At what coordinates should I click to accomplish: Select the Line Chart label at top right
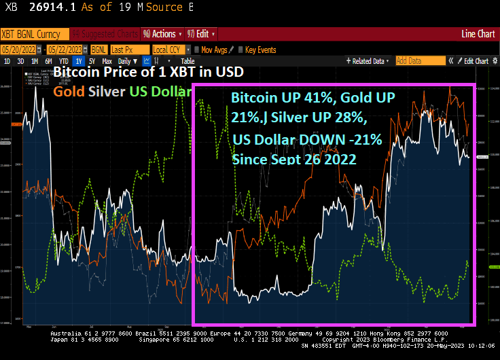(x=478, y=33)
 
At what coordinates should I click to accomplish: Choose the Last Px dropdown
(x=129, y=50)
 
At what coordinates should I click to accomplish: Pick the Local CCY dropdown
(x=171, y=50)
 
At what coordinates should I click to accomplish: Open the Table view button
(x=187, y=61)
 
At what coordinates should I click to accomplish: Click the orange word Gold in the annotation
(x=66, y=90)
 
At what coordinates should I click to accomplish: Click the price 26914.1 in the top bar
(x=52, y=7)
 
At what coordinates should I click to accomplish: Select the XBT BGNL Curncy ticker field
(x=34, y=33)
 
